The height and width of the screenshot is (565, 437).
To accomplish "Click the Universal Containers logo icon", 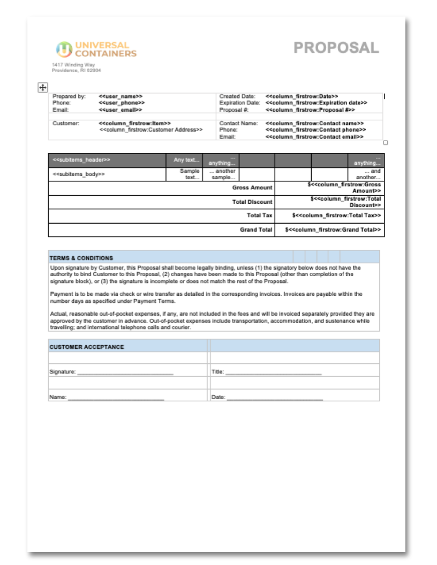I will pos(64,49).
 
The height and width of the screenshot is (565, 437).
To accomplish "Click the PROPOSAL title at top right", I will pos(336,48).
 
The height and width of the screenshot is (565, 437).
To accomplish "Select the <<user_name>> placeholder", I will pos(120,96).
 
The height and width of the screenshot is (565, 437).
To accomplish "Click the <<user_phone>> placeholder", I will pos(122,103).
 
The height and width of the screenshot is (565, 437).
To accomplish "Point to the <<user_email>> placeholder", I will pos(120,110).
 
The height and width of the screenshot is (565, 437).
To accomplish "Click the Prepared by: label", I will pos(69,96).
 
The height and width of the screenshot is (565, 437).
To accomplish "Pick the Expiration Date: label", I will pos(239,103).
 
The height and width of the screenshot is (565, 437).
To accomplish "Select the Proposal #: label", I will pos(234,110).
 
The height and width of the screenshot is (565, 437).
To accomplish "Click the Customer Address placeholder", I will pos(151,129).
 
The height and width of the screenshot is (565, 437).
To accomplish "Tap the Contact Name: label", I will pos(238,123).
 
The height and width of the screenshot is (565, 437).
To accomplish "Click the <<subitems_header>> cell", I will pos(81,159).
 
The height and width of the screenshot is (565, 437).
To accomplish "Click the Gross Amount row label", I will pos(252,188).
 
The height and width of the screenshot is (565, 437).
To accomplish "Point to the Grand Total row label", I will pos(256,230).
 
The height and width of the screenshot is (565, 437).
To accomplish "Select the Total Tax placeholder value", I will pos(337,216).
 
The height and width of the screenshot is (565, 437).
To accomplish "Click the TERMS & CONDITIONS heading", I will pos(81,257).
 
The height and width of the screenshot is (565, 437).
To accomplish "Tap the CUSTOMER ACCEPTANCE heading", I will pos(87,347).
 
